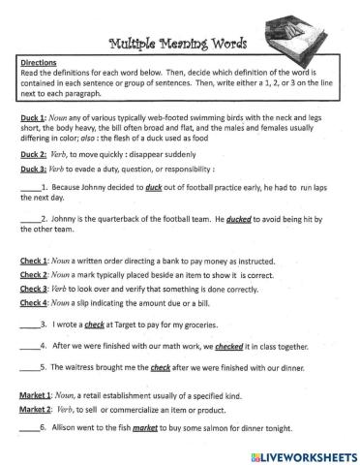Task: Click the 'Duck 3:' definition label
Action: tap(34, 169)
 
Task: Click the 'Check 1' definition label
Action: tap(38, 261)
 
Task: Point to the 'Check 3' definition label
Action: tap(38, 288)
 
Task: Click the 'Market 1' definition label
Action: tap(40, 396)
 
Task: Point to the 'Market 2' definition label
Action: tap(40, 410)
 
